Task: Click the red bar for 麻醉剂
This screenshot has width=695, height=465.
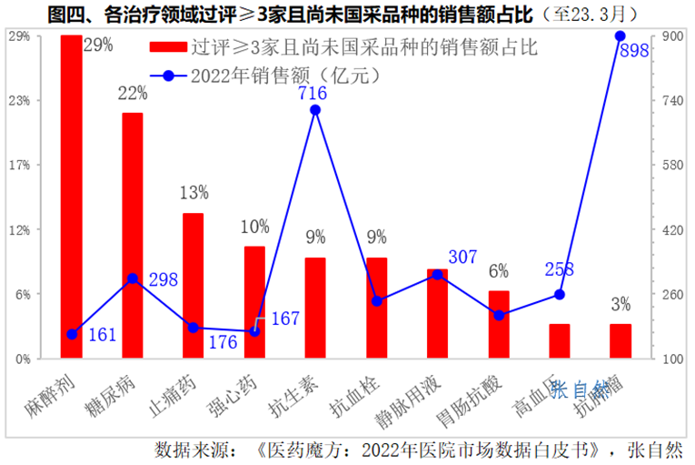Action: (x=71, y=196)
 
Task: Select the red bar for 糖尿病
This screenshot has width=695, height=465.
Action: (x=133, y=235)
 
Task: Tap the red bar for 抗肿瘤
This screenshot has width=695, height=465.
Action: (x=621, y=340)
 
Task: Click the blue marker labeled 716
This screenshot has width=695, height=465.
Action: (x=315, y=110)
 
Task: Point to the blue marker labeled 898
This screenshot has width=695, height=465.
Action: (x=621, y=35)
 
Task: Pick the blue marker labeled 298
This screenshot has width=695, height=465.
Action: (x=133, y=278)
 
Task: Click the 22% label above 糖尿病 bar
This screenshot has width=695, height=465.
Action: (x=133, y=93)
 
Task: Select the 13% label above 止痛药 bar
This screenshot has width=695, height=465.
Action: (x=194, y=193)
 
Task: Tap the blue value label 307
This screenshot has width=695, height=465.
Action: (x=462, y=258)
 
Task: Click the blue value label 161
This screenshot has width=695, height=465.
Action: (x=102, y=335)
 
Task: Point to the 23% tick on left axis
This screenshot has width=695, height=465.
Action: (x=19, y=100)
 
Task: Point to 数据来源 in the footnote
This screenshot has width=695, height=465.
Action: (x=189, y=450)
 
